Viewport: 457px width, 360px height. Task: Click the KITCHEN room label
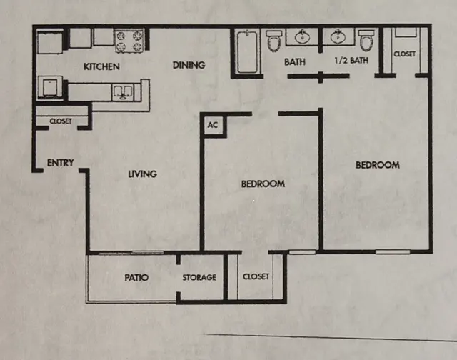pos(101,66)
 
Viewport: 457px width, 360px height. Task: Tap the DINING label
pos(189,65)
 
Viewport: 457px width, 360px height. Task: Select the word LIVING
pos(143,174)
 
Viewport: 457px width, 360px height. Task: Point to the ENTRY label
pos(60,162)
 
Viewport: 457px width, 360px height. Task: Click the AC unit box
pos(213,125)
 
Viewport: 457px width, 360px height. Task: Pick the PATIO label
pos(136,277)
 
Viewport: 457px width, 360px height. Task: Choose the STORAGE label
pos(199,277)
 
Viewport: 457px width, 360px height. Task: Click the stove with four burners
pos(129,41)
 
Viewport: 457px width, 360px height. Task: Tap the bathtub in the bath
pos(247,51)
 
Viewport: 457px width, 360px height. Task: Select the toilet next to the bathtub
pos(274,41)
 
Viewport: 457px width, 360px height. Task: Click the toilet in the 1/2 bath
pos(366,40)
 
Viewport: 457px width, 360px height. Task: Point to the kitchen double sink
pos(123,92)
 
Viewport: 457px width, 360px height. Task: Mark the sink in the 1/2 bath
pos(338,36)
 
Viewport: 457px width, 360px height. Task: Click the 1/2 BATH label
pos(351,60)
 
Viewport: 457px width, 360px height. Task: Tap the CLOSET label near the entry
pos(60,121)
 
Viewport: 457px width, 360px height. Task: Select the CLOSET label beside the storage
pos(256,276)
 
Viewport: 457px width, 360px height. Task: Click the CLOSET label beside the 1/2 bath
pos(405,54)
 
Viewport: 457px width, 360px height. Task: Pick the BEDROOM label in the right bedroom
pos(378,165)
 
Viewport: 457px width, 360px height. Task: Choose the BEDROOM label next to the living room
pos(263,184)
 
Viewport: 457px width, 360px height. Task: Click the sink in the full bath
pos(303,36)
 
